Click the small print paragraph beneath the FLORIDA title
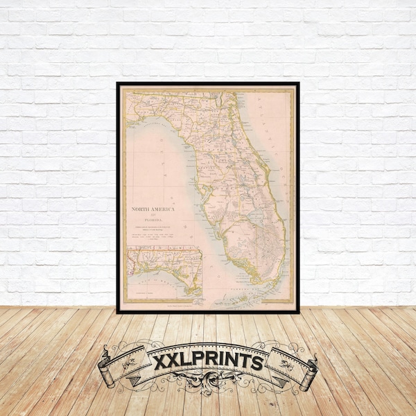(x=155, y=232)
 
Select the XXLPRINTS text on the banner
(x=207, y=362)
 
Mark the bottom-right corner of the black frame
(x=298, y=311)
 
